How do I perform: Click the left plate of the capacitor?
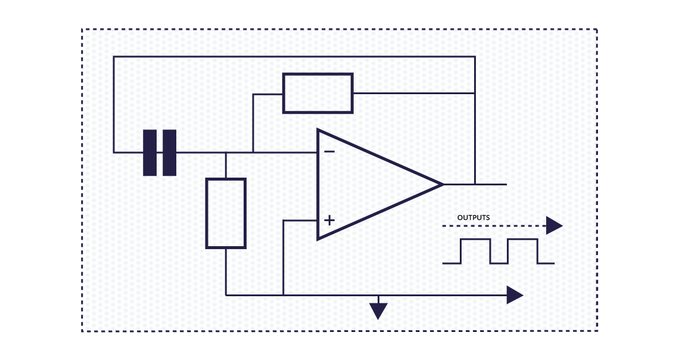coord(149,153)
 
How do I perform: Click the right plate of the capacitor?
coord(170,153)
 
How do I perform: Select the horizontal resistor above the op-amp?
coord(317,93)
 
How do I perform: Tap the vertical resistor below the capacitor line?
coord(226,213)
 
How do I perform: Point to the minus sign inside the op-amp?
coord(329,151)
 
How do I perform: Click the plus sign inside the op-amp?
coord(329,221)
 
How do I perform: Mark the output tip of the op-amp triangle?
coord(443,184)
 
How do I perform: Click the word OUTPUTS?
coord(474,218)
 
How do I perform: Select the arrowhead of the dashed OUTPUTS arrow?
coord(554,226)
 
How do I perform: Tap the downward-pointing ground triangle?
coord(378,310)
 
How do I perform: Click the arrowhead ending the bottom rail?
coord(514,294)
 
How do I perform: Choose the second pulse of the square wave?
coord(522,250)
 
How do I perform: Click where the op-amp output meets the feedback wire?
coord(475,184)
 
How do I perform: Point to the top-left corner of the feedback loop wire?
coord(114,57)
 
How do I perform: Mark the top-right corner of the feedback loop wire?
coord(475,57)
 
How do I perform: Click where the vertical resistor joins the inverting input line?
coord(226,153)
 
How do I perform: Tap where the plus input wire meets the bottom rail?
coord(284,294)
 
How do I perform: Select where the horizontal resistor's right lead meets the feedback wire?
coord(475,94)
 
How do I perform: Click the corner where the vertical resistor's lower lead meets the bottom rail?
coord(226,294)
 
